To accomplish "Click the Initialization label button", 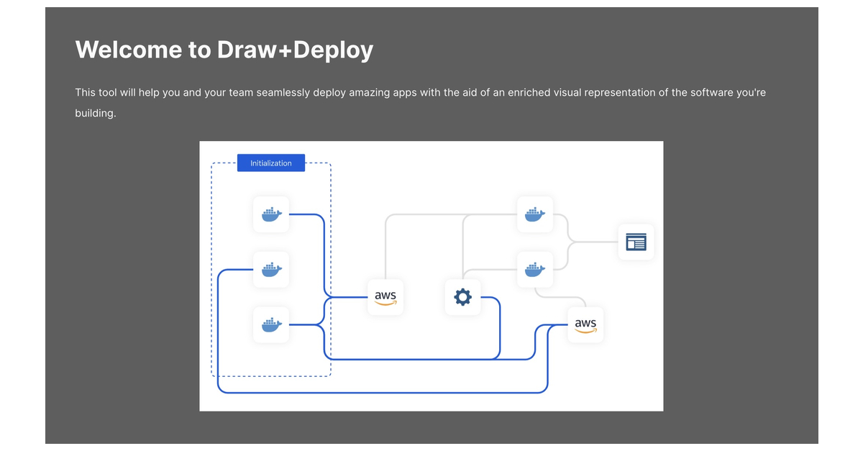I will (271, 163).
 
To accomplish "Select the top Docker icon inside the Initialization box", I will (271, 214).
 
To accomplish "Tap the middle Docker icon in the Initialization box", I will (271, 269).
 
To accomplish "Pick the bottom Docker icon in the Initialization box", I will (271, 324).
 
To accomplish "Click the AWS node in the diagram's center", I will (385, 296).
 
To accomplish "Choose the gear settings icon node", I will (462, 296).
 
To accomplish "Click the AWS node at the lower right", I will (585, 324).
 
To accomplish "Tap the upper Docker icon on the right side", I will (535, 214).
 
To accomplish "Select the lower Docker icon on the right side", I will (535, 269).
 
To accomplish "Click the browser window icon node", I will (636, 242).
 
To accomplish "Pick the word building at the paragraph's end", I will (95, 114).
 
